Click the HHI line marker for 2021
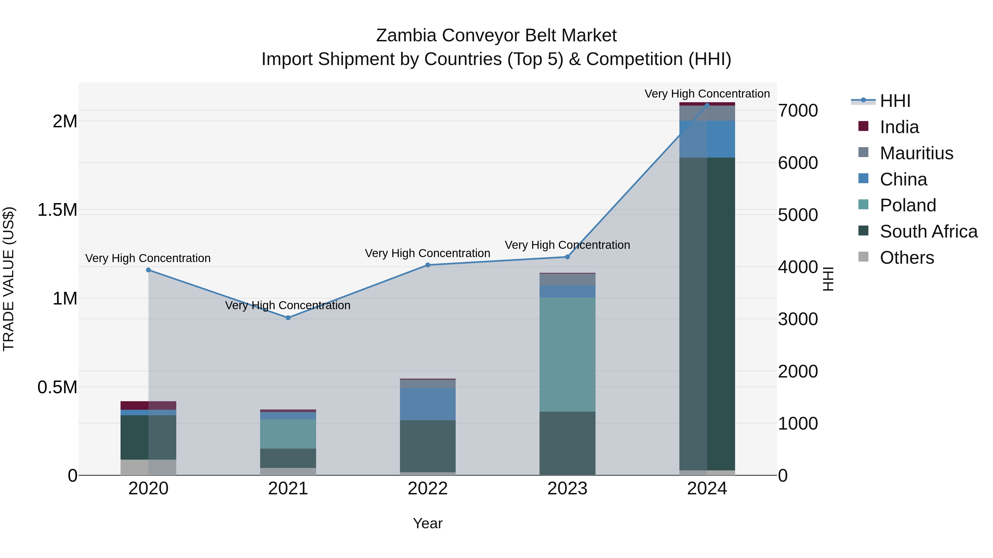coord(288,318)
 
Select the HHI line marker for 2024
coord(707,105)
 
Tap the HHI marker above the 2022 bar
coord(428,265)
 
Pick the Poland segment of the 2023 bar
coord(567,354)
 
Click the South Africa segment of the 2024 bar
coord(707,314)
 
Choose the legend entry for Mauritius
coord(916,153)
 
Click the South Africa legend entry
coord(928,231)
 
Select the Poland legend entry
coord(907,205)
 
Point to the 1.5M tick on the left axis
coord(57,210)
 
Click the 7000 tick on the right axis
coord(797,110)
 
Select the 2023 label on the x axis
coord(567,489)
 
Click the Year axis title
coord(428,523)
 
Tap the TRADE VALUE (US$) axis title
coord(9,279)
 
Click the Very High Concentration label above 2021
coord(288,305)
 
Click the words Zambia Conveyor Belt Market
coord(496,36)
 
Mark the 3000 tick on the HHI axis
coord(797,319)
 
